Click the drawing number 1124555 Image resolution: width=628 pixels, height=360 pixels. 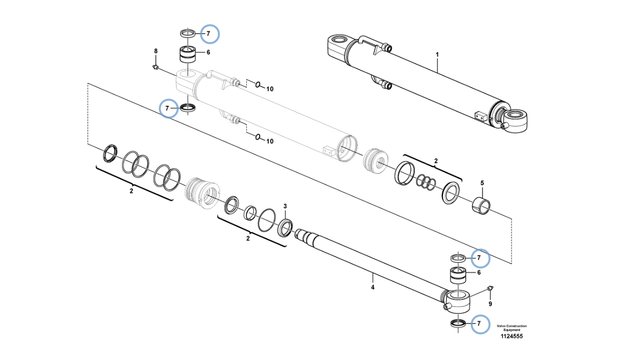click(x=511, y=336)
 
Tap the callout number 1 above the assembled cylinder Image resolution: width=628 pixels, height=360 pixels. click(x=437, y=55)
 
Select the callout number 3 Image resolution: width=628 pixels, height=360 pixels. click(x=285, y=206)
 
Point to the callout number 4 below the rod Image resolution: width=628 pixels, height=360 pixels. click(x=373, y=287)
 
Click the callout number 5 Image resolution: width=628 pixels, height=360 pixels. click(x=482, y=183)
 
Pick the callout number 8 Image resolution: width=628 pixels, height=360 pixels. click(x=155, y=51)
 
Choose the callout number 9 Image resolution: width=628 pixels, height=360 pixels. click(x=490, y=304)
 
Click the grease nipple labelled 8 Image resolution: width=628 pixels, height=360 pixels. click(x=155, y=68)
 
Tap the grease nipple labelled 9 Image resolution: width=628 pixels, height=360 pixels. click(x=491, y=288)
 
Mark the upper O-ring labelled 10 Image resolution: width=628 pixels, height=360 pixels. click(x=258, y=85)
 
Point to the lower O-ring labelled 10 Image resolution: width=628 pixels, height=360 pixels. click(x=258, y=137)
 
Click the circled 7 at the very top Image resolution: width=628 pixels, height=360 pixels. click(x=209, y=33)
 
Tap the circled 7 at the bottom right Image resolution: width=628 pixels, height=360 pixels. click(x=479, y=324)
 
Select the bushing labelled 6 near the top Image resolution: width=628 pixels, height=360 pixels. click(x=187, y=54)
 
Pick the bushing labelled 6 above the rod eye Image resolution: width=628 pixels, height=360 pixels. click(x=458, y=276)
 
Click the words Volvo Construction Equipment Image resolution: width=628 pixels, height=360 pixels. click(x=511, y=328)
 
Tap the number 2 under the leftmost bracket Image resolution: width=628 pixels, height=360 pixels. click(x=131, y=191)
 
